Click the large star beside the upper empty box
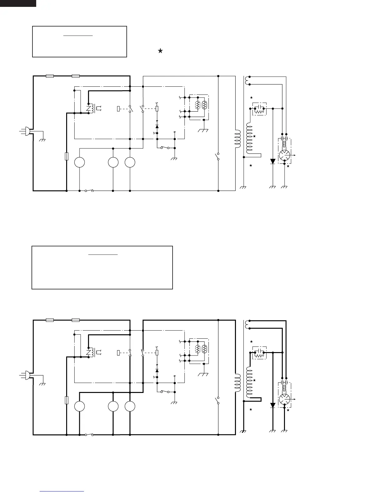[x=160, y=51]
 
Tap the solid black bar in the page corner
[x=18, y=3]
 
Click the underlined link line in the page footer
[x=62, y=491]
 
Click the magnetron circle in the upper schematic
[x=284, y=155]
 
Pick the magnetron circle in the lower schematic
[x=284, y=399]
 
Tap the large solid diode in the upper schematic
[x=273, y=161]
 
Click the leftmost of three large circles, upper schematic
[x=80, y=162]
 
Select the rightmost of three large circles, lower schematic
[x=130, y=406]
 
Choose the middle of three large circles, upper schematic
[x=113, y=162]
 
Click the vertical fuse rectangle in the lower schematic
[x=66, y=400]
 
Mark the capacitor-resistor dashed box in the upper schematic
[x=259, y=109]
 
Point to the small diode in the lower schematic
[x=157, y=370]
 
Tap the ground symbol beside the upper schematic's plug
[x=42, y=140]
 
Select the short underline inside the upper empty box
[x=78, y=36]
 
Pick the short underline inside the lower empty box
[x=103, y=255]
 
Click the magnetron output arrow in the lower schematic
[x=293, y=399]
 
